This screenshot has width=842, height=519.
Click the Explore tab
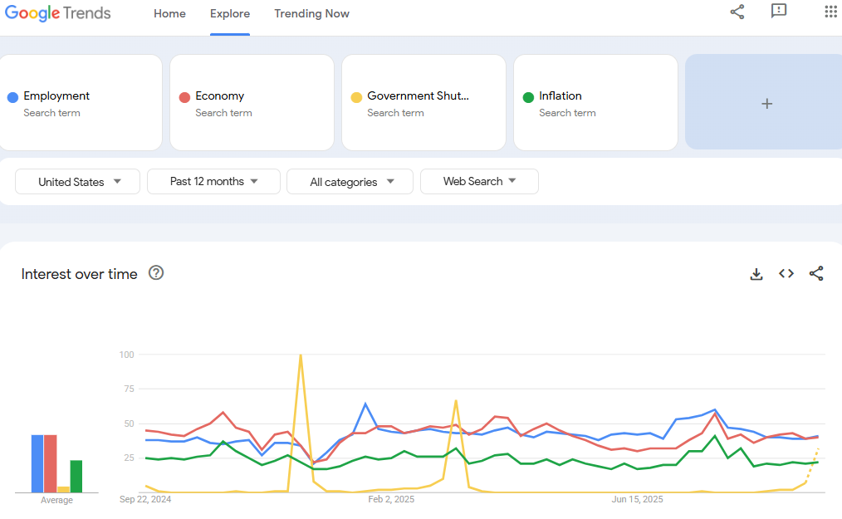click(230, 14)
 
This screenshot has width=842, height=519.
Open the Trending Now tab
click(311, 14)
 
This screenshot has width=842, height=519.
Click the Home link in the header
click(169, 14)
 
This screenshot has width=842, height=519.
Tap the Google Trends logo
click(58, 13)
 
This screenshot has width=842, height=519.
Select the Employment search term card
click(81, 103)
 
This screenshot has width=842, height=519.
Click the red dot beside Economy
click(184, 97)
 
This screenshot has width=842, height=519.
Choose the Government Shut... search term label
click(418, 95)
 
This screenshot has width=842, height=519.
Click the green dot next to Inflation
click(528, 97)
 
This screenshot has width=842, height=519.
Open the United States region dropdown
click(78, 182)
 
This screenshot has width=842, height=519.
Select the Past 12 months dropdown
click(213, 182)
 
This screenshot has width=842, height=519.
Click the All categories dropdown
click(350, 182)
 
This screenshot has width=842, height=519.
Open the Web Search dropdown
click(479, 182)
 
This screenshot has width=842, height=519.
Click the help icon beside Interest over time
click(156, 273)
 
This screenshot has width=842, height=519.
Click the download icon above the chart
click(756, 274)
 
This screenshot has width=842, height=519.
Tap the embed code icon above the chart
click(786, 273)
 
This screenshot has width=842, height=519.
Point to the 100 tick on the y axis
click(127, 355)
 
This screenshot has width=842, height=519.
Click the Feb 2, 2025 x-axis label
click(391, 499)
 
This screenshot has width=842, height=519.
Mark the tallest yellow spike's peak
click(301, 355)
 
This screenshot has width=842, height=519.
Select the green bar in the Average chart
click(76, 477)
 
